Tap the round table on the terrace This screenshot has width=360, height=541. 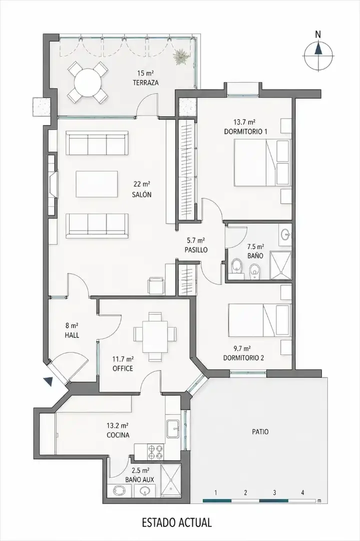click(88, 83)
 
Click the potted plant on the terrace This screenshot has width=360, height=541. click(181, 56)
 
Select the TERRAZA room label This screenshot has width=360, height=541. click(146, 83)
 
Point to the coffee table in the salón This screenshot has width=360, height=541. click(97, 184)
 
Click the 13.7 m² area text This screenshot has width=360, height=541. click(244, 122)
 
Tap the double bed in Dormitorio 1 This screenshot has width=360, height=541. click(262, 163)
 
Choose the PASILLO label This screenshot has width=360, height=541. click(196, 250)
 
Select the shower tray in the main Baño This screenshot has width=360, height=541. click(280, 265)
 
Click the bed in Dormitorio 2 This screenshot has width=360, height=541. click(259, 320)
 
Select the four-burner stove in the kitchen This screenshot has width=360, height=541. click(155, 452)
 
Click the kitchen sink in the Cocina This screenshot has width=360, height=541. click(173, 428)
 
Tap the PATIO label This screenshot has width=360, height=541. click(260, 432)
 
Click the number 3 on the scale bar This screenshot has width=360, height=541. click(274, 493)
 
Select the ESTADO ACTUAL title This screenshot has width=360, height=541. click(177, 522)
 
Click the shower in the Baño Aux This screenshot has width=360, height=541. click(171, 480)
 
